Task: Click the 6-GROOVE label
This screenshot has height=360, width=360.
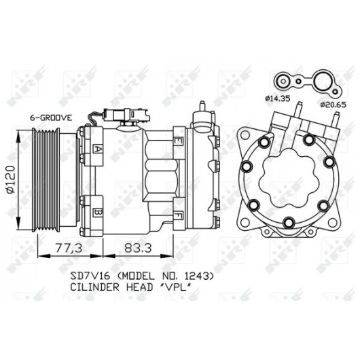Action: pos(51,118)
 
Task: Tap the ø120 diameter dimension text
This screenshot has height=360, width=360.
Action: pos(11,179)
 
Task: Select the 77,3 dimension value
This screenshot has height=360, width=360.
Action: pos(69,248)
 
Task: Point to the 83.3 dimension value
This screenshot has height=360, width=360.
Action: pos(138,248)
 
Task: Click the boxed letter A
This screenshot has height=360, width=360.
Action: pos(97,149)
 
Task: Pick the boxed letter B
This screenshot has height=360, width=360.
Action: pos(97,212)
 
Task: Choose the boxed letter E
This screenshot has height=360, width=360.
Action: pos(178,141)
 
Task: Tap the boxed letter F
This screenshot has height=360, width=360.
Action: pos(178,216)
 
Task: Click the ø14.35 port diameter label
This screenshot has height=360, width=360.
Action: pos(277,98)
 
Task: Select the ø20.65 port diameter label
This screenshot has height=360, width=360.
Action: pos(333,105)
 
